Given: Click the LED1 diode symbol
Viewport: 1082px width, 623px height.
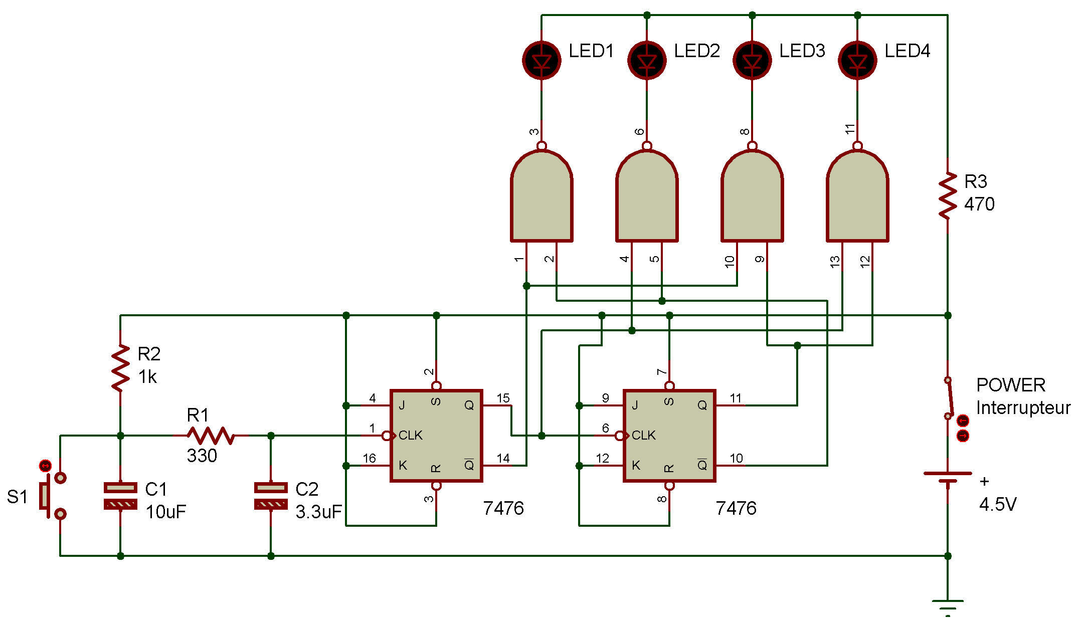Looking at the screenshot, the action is click(x=542, y=60).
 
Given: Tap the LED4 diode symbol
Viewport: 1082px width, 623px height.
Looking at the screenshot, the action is click(x=857, y=60).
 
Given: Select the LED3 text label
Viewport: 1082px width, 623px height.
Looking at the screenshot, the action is click(x=802, y=51).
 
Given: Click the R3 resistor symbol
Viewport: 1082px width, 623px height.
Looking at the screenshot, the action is click(x=948, y=195).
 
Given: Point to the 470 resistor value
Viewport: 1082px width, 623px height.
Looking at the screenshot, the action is click(x=979, y=204).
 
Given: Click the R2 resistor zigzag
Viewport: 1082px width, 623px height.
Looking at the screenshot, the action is click(x=120, y=368).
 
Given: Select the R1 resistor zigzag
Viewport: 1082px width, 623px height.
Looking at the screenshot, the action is click(x=211, y=436).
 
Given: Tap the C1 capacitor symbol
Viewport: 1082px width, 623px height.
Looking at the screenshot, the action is click(x=120, y=496).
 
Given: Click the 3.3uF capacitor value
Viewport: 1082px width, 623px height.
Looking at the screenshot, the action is click(x=318, y=512).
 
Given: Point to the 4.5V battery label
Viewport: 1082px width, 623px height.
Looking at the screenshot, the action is click(x=998, y=504).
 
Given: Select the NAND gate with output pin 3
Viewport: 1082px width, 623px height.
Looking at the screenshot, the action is click(x=542, y=196).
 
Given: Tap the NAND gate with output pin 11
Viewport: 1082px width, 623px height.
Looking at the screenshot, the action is click(x=857, y=196).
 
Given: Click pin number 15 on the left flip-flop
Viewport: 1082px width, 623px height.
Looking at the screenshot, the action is click(x=503, y=398).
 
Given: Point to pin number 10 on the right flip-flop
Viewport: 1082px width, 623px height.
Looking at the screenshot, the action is click(x=736, y=458).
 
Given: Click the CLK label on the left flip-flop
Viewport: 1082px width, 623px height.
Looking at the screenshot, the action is click(x=410, y=435).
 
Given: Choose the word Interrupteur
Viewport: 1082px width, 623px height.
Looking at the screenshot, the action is click(x=1023, y=407).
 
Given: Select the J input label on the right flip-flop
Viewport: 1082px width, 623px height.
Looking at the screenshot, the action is click(x=635, y=405).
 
